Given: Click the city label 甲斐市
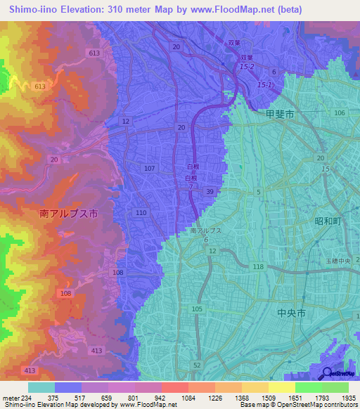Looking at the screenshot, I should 280,113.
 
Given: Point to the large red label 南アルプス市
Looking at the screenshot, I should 68,212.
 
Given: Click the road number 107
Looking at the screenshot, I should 149,169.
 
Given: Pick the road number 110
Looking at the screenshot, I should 141,212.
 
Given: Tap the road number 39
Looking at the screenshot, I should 209,191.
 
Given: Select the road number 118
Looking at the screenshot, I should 258,266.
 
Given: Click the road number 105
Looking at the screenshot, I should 196,309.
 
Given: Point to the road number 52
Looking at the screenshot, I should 196,365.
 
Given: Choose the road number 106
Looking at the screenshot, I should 340,112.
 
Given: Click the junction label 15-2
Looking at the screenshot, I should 245,67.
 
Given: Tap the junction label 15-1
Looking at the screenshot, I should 264,85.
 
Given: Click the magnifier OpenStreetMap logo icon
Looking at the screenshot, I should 326,373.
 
